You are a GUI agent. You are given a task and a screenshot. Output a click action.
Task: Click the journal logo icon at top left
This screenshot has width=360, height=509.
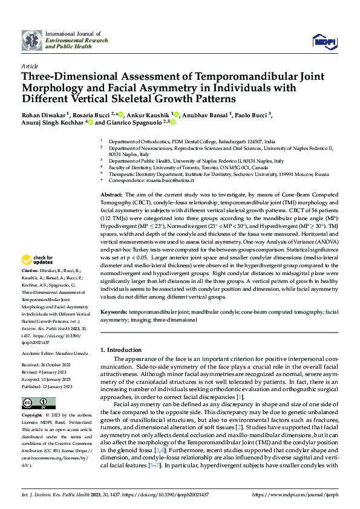click(x=31, y=40)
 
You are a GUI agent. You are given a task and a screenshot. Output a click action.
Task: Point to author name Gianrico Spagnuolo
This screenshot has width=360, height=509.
click(x=134, y=122)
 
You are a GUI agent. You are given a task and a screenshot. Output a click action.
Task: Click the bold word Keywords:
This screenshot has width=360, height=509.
click(x=113, y=312)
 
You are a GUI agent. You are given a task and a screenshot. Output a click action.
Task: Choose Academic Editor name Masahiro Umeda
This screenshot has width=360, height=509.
click(x=71, y=353)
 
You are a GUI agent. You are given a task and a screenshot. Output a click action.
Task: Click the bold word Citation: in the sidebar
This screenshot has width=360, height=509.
click(x=30, y=270)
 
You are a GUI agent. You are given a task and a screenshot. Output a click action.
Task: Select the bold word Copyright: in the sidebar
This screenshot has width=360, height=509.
click(x=31, y=416)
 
